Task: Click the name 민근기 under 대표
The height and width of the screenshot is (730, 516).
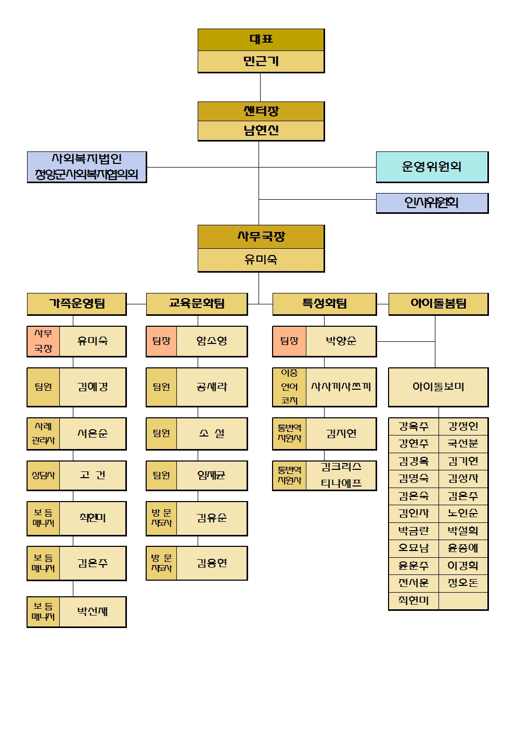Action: pyautogui.click(x=261, y=61)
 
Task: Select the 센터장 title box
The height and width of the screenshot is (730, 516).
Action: pyautogui.click(x=261, y=111)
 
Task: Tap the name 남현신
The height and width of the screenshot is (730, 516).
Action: pyautogui.click(x=261, y=131)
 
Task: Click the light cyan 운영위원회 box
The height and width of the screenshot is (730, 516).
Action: pyautogui.click(x=432, y=167)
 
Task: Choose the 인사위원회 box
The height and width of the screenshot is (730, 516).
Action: pyautogui.click(x=432, y=203)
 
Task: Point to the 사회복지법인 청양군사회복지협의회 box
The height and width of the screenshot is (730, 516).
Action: pyautogui.click(x=87, y=167)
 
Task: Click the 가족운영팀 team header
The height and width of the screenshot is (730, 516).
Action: pyautogui.click(x=77, y=304)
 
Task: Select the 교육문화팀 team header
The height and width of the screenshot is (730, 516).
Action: pyautogui.click(x=197, y=304)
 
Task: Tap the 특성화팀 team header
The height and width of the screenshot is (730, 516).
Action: pyautogui.click(x=325, y=304)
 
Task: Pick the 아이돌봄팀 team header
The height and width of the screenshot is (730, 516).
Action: pyautogui.click(x=438, y=304)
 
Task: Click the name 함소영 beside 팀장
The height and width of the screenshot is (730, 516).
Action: pyautogui.click(x=212, y=341)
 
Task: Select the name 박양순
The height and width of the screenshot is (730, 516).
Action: pyautogui.click(x=341, y=341)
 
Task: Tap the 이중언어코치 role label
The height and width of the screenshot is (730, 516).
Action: pyautogui.click(x=289, y=387)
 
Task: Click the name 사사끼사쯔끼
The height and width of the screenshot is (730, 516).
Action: pyautogui.click(x=341, y=387)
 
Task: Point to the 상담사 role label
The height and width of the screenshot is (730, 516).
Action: pyautogui.click(x=43, y=475)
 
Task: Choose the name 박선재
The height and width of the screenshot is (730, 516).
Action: pyautogui.click(x=93, y=612)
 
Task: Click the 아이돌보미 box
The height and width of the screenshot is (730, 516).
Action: pyautogui.click(x=438, y=387)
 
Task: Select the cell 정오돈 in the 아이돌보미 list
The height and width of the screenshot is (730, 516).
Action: pyautogui.click(x=463, y=582)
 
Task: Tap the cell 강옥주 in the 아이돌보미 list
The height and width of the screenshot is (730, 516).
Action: pyautogui.click(x=414, y=426)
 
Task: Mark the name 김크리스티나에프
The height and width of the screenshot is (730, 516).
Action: pyautogui.click(x=341, y=475)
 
